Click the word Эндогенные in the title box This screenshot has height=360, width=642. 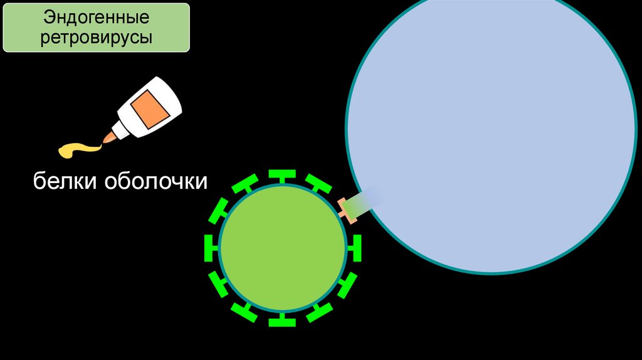click(x=97, y=17)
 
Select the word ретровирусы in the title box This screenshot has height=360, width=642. click(x=97, y=38)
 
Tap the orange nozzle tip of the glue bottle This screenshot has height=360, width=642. click(x=108, y=136)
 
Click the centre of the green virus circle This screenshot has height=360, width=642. click(x=283, y=248)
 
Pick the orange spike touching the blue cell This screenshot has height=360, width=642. click(x=347, y=209)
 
